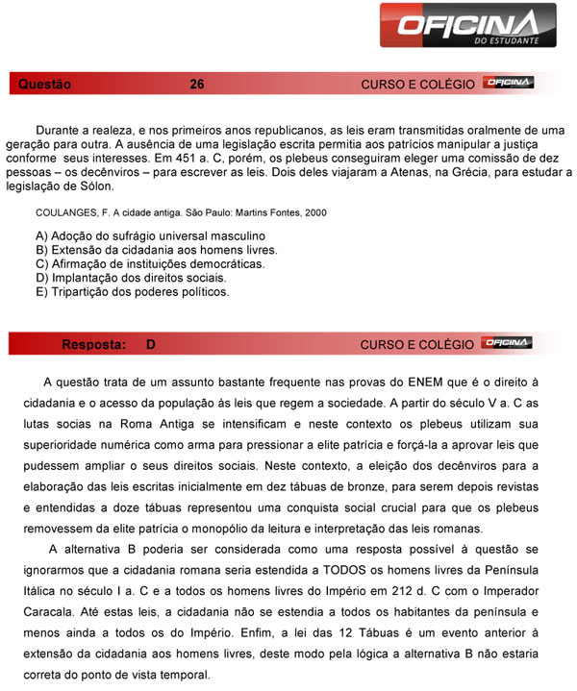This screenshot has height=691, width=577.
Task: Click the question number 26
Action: [x=197, y=85]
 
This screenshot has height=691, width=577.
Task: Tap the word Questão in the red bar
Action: [x=44, y=85]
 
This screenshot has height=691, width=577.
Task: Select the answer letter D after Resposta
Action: [x=151, y=344]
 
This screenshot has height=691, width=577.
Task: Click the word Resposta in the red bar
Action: [x=93, y=344]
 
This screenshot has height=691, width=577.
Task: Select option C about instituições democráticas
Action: [x=149, y=263]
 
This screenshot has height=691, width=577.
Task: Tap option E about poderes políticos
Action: [x=132, y=291]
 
